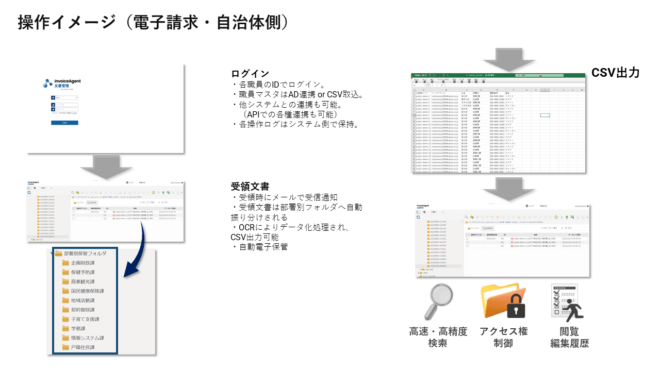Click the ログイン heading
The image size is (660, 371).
(251, 74)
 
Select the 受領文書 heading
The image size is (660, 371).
(250, 187)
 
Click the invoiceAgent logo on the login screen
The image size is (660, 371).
(62, 82)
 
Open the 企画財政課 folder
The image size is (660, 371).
(82, 263)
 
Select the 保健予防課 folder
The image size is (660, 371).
(82, 272)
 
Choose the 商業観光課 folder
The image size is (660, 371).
(82, 282)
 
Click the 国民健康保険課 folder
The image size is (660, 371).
(87, 291)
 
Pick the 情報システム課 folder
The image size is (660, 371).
(87, 338)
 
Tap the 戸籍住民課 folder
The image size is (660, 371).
(82, 347)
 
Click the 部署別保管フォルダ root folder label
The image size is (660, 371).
(85, 254)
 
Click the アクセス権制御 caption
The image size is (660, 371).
(503, 337)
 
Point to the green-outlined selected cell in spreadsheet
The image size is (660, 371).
(544, 115)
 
